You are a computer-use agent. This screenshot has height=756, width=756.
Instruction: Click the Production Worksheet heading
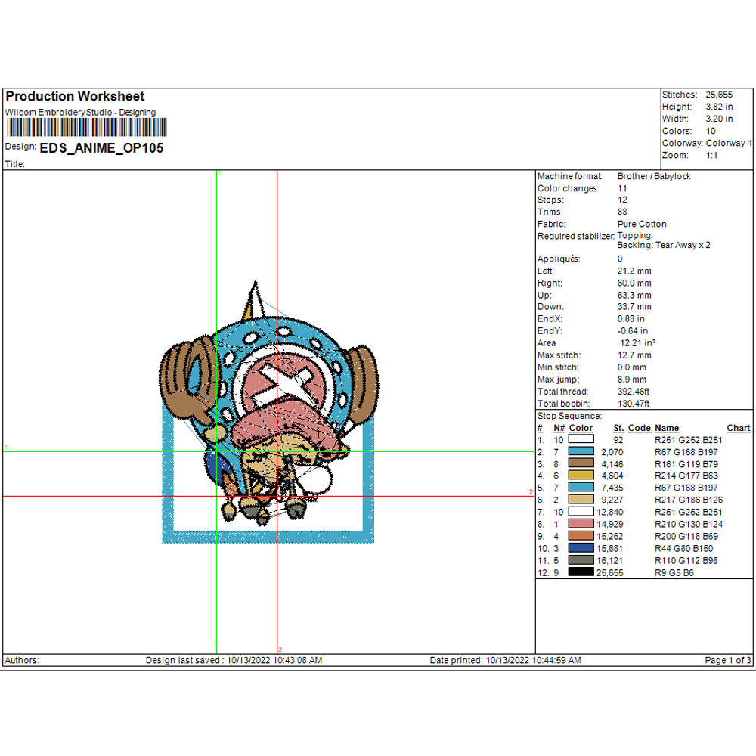[75, 97]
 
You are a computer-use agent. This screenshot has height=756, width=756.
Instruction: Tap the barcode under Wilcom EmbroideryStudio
[86, 128]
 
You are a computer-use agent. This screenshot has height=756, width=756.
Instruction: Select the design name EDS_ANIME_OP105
[101, 148]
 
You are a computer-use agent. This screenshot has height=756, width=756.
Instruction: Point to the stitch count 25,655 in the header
[719, 94]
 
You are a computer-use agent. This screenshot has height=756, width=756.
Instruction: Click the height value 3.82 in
[719, 107]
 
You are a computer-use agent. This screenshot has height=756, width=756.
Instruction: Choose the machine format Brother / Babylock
[654, 176]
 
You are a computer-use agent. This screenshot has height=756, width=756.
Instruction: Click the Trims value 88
[622, 212]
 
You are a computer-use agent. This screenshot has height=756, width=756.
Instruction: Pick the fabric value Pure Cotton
[642, 225]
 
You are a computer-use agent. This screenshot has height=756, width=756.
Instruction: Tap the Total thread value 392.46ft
[633, 392]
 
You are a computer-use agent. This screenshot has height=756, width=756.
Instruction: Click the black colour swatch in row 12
[581, 572]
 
